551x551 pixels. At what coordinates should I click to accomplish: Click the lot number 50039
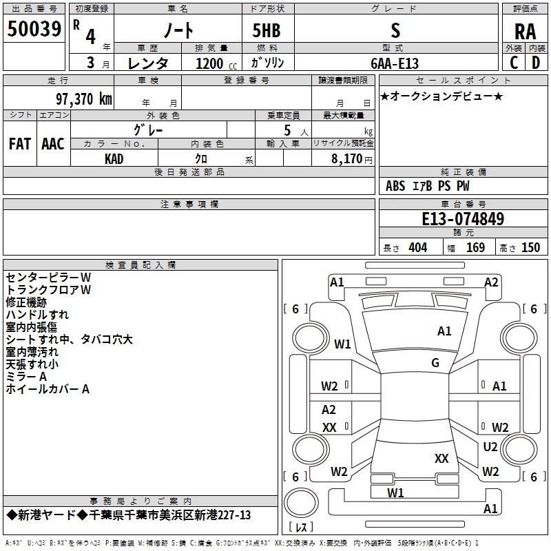34,28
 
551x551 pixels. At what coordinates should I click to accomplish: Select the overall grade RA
526,32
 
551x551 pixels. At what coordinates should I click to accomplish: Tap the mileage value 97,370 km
84,99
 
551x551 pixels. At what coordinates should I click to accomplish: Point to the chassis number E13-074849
463,218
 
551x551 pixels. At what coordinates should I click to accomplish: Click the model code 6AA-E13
395,63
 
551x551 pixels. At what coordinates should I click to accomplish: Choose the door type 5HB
267,30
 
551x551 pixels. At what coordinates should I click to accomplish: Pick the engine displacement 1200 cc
216,63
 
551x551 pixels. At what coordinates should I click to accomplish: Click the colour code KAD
114,159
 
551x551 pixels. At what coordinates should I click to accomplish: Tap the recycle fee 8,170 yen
351,159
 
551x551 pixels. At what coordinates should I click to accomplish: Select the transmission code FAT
20,144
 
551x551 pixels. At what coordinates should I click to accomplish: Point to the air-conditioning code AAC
53,144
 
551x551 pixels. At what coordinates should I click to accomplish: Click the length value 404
418,248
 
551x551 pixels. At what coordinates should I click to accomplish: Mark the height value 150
530,248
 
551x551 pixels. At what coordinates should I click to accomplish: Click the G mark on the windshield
435,362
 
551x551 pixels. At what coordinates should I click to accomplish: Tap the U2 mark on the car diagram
490,447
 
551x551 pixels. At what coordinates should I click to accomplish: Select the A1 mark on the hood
444,331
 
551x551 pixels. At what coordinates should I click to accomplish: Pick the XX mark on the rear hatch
441,459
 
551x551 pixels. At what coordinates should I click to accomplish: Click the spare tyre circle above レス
301,503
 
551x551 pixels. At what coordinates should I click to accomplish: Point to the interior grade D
536,63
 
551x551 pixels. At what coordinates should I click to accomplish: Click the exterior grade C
514,63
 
